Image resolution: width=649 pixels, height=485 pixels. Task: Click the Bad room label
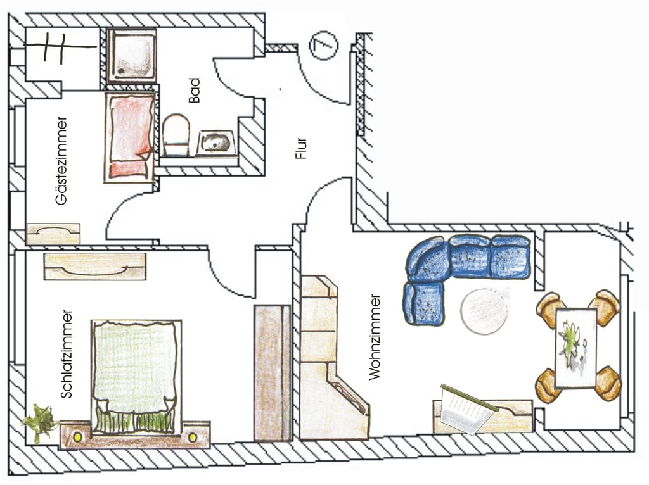pyautogui.click(x=194, y=90)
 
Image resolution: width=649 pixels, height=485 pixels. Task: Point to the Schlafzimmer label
pyautogui.click(x=67, y=353)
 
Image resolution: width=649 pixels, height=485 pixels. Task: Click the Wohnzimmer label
pyautogui.click(x=375, y=336)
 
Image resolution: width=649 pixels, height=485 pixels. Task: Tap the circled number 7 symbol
pyautogui.click(x=324, y=46)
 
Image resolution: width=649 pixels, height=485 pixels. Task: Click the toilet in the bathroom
pyautogui.click(x=176, y=134)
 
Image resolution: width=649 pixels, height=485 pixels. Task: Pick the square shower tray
pyautogui.click(x=132, y=55)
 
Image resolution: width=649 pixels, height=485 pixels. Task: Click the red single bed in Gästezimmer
pyautogui.click(x=130, y=134)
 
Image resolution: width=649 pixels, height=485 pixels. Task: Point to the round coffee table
pyautogui.click(x=485, y=310)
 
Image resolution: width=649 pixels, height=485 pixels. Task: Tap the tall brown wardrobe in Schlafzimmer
pyautogui.click(x=272, y=372)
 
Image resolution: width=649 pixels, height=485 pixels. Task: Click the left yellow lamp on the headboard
pyautogui.click(x=78, y=436)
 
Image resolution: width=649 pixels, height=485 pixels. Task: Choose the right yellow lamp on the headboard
pyautogui.click(x=192, y=436)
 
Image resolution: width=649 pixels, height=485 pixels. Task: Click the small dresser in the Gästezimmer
pyautogui.click(x=53, y=234)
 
